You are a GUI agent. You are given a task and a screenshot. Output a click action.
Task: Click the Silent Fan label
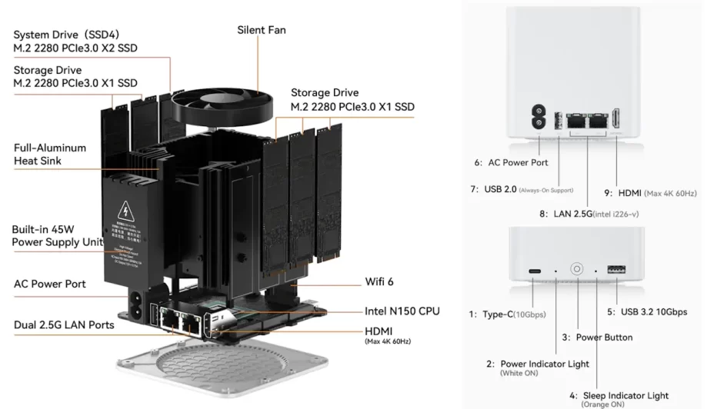(x=261, y=30)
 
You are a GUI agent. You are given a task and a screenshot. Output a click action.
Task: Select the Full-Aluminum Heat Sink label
(x=50, y=154)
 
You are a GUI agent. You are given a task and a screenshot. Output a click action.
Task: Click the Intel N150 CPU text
(x=402, y=311)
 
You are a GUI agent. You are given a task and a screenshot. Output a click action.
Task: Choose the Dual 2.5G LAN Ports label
(x=64, y=325)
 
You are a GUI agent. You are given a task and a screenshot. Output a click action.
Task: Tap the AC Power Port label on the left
(x=49, y=284)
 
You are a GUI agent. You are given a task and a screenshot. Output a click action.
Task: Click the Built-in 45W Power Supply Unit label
(x=57, y=236)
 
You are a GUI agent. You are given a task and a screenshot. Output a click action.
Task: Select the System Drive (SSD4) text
(x=66, y=35)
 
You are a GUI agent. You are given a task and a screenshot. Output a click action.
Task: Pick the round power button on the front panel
(x=575, y=270)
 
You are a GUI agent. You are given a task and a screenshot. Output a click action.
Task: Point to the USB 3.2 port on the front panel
(x=615, y=271)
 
